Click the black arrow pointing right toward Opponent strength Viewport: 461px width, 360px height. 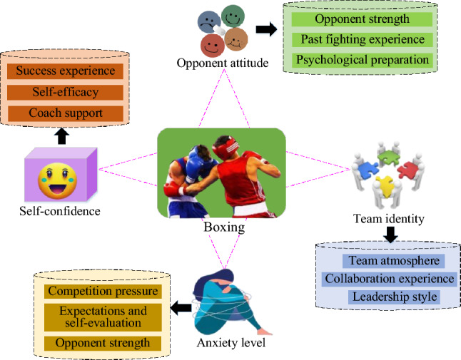(266, 29)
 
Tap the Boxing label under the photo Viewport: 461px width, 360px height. (221, 230)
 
